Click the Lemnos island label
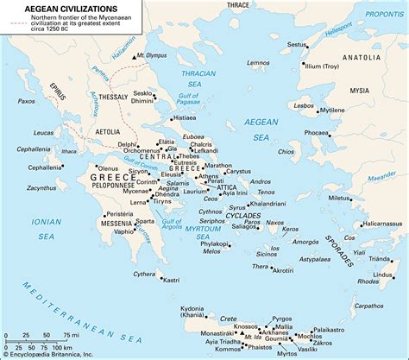coord(258,63)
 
